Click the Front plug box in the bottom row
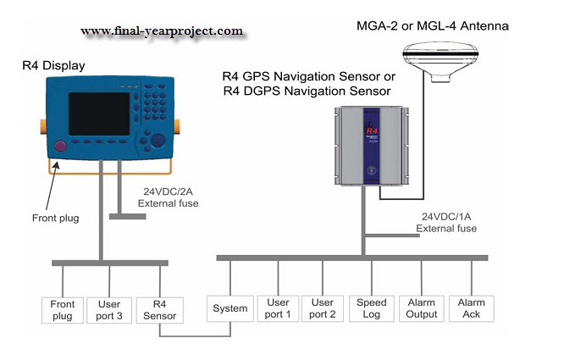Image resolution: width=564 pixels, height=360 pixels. (63, 309)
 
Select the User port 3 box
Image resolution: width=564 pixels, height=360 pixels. (110, 309)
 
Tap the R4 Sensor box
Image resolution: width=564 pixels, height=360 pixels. (160, 309)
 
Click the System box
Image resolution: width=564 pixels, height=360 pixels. (230, 308)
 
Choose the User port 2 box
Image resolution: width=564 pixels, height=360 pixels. (323, 308)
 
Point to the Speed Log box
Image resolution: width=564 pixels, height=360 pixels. (371, 308)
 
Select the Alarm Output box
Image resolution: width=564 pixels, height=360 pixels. (422, 308)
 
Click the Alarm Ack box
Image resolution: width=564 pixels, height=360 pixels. (471, 308)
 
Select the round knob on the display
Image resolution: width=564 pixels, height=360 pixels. (158, 141)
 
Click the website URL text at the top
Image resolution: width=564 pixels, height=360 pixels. (162, 31)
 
